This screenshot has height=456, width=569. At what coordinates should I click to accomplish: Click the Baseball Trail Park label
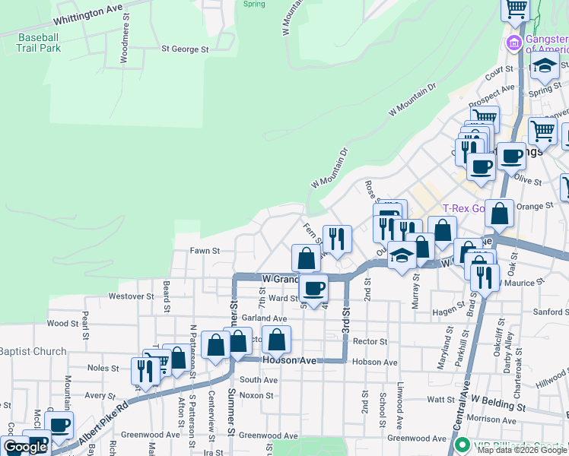(x=39, y=42)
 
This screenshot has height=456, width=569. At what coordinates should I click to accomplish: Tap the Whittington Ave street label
(x=89, y=12)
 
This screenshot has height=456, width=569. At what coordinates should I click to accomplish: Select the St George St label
(x=184, y=49)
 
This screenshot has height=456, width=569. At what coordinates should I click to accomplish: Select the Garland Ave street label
(x=265, y=318)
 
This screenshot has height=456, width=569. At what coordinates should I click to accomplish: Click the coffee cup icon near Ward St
(x=313, y=287)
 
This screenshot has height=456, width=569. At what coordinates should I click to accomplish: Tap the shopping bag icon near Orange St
(x=499, y=214)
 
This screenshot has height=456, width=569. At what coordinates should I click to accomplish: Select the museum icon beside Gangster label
(x=514, y=43)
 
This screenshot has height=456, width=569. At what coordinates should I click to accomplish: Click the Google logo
(x=25, y=447)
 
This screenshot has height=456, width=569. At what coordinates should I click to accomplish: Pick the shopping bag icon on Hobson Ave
(x=278, y=339)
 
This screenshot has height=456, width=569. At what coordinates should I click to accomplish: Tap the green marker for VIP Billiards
(x=460, y=445)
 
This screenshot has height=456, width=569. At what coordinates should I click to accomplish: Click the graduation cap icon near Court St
(x=543, y=66)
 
